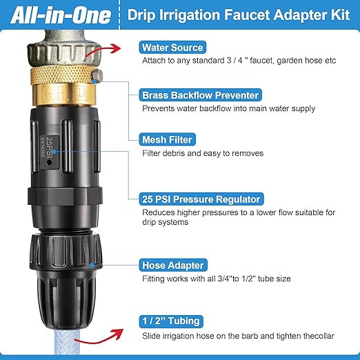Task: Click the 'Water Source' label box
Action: tap(172, 48)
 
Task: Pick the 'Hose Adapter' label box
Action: tap(172, 264)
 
